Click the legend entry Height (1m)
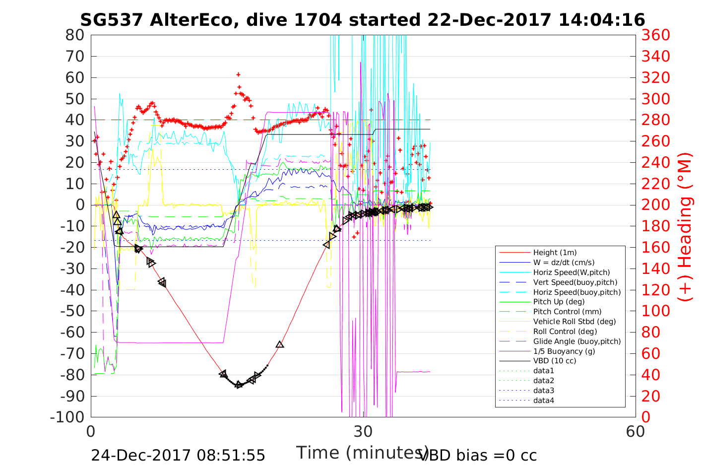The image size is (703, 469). click(x=555, y=253)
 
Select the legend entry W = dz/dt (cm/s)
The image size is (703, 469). click(x=564, y=263)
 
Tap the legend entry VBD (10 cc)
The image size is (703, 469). click(x=555, y=361)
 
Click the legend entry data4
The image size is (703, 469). click(x=544, y=401)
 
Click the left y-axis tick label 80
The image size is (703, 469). click(x=75, y=35)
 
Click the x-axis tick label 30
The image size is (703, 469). click(x=363, y=431)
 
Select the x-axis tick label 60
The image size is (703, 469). click(x=635, y=431)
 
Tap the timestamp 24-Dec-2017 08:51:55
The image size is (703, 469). click(x=178, y=456)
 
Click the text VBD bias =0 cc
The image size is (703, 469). click(x=478, y=456)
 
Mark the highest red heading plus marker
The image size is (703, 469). click(x=239, y=74)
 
